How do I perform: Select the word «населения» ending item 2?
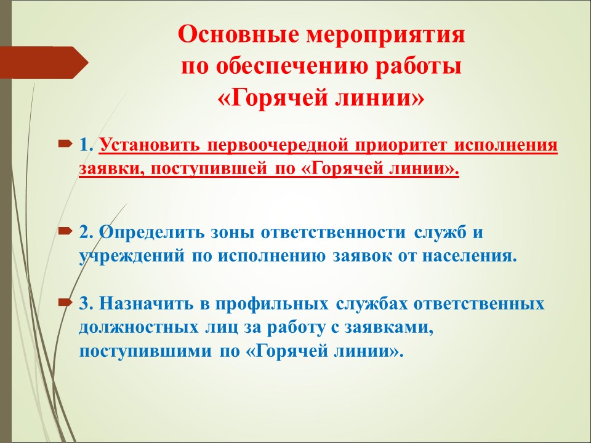pos(469,256)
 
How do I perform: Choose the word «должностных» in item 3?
pos(139,328)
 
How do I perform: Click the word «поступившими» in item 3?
pos(145,351)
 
